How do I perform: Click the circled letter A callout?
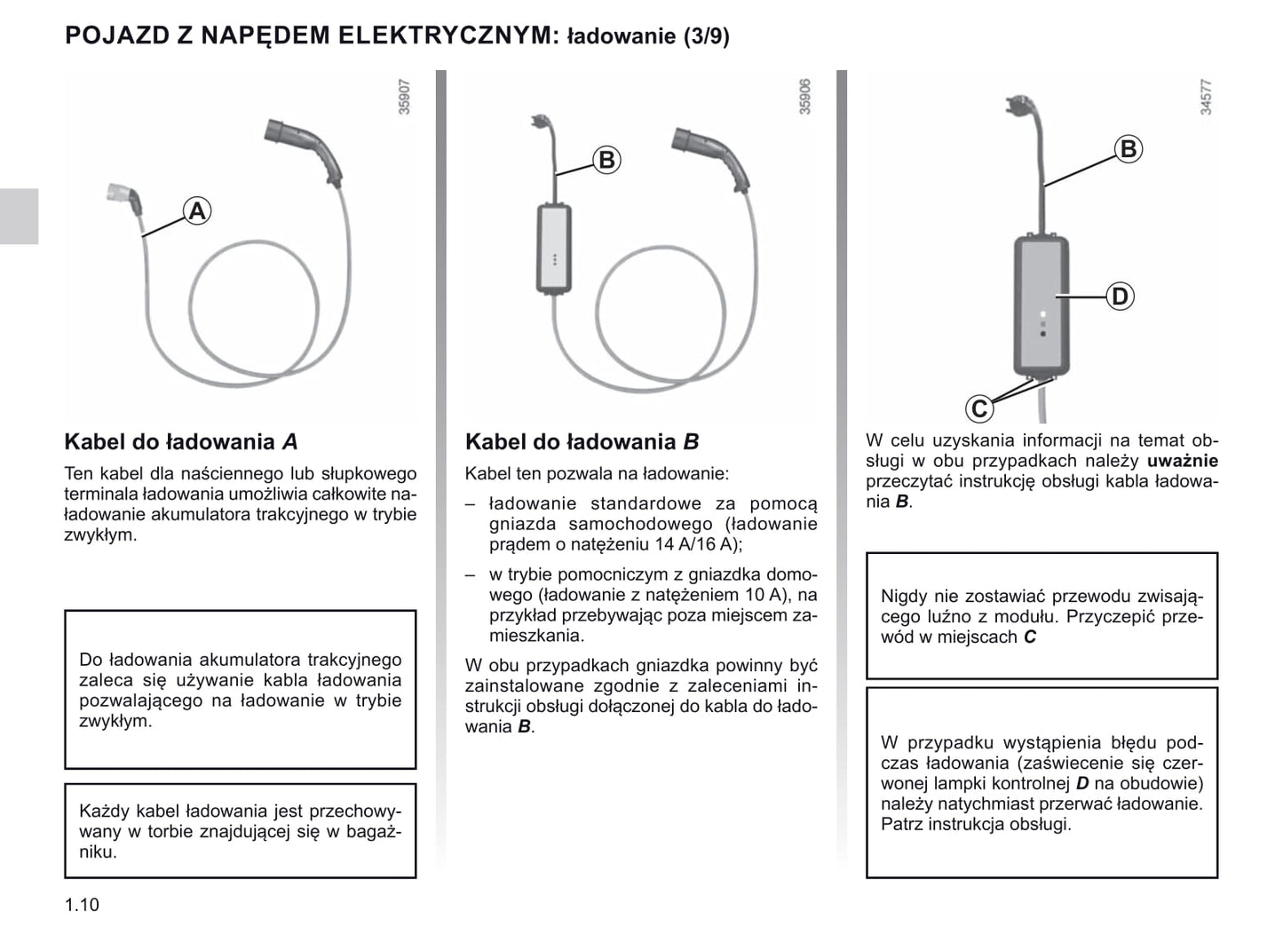coord(197,211)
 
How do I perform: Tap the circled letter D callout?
coord(1121,297)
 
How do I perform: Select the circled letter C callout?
coord(979,408)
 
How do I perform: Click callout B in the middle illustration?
coord(606,160)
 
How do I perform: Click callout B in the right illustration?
coord(1128,149)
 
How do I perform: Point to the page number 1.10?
coord(82,905)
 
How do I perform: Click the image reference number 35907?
coord(405,97)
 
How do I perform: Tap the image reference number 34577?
coord(1206,97)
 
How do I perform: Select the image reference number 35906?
coord(805,97)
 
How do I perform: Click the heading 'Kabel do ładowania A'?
coord(180,442)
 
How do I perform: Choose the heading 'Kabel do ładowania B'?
coord(582,442)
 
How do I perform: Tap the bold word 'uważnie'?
coord(1182,461)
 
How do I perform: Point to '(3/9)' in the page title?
coord(706,36)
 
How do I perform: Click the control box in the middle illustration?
coord(553,249)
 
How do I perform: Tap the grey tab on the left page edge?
coord(19,216)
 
